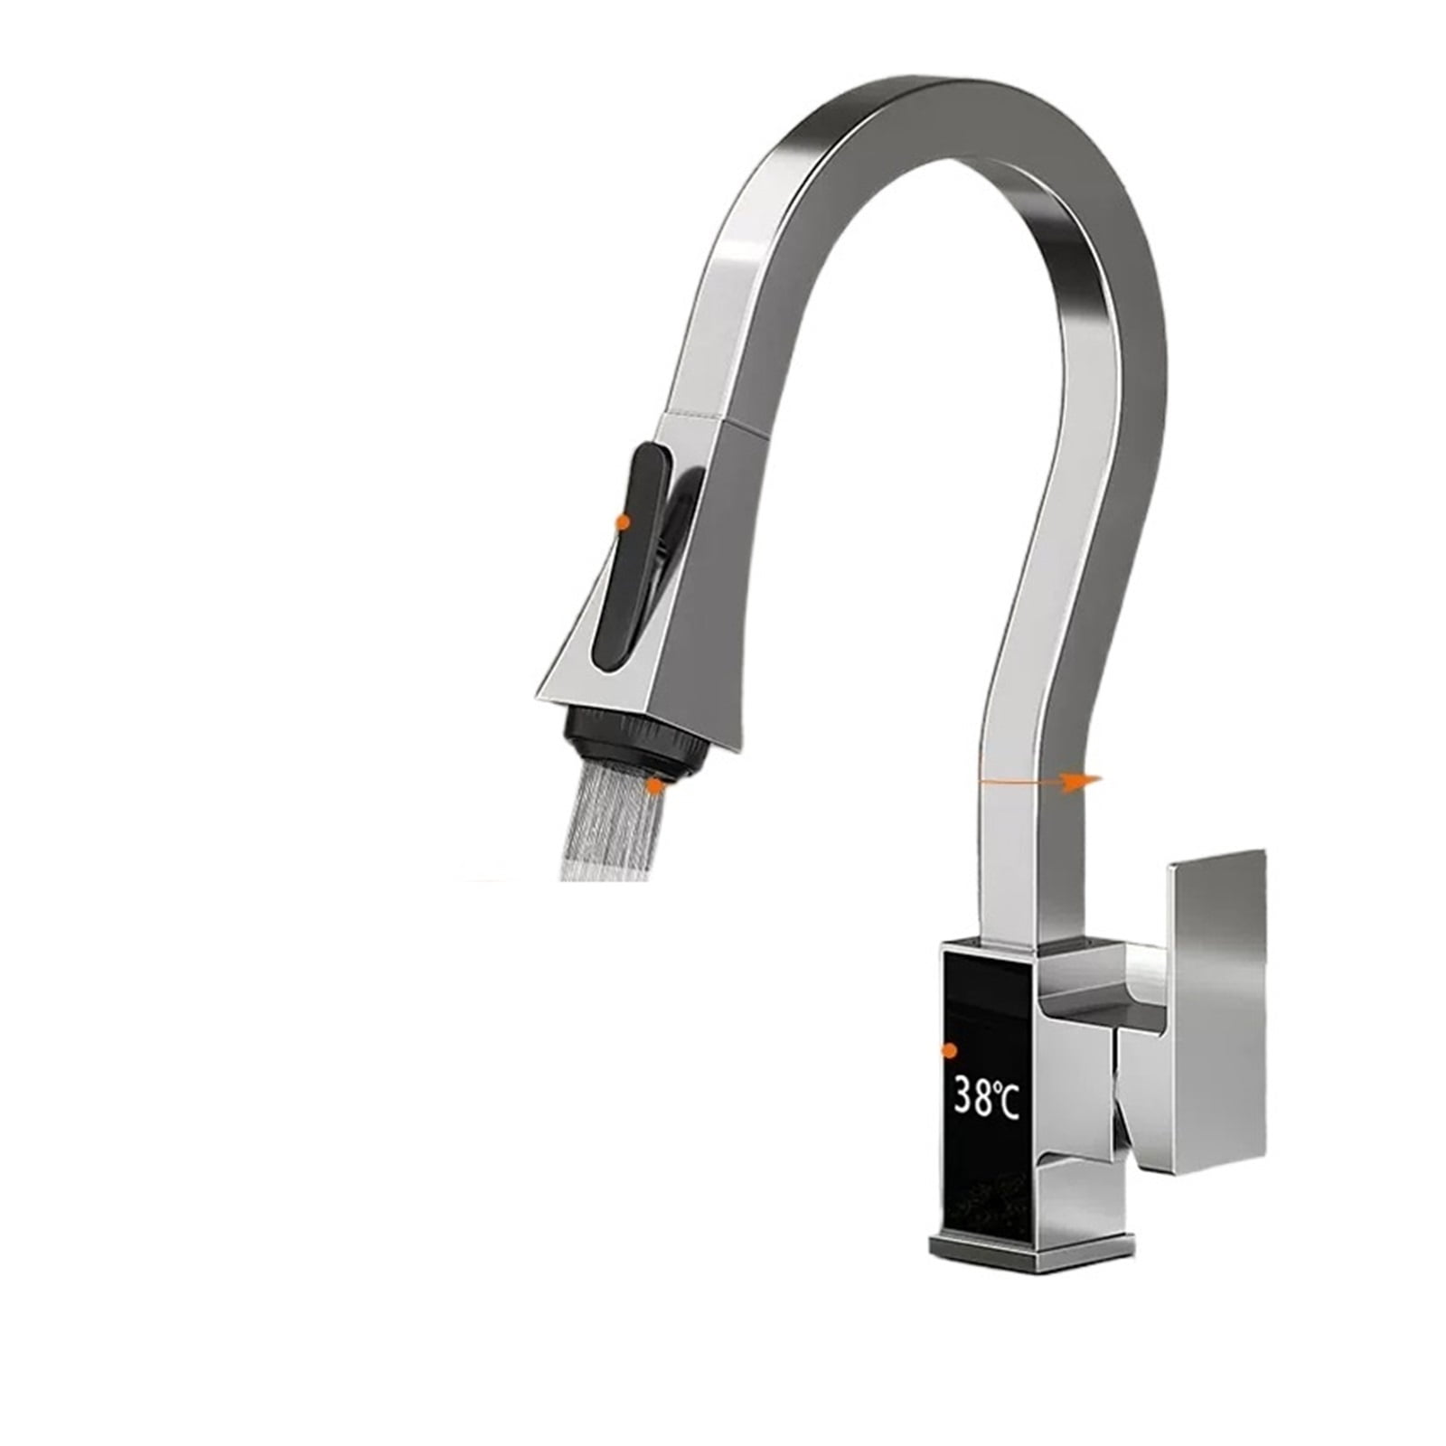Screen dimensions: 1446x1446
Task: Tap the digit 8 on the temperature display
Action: [x=986, y=1100]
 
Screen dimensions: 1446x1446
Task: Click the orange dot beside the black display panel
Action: [x=949, y=1049]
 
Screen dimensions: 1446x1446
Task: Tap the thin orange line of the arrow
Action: [x=1021, y=780]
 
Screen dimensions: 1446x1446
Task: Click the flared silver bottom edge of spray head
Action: [x=624, y=691]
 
